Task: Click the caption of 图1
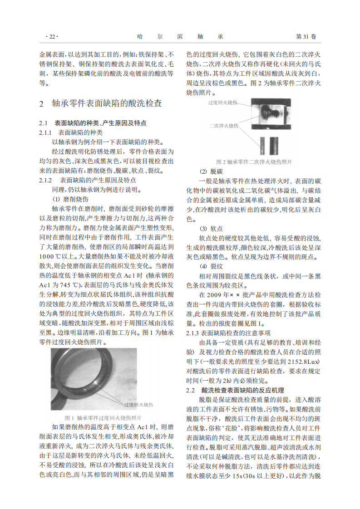(x=104, y=417)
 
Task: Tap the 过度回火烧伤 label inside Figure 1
(x=138, y=404)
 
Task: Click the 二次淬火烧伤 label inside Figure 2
(x=224, y=124)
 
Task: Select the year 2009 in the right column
(x=220, y=295)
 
